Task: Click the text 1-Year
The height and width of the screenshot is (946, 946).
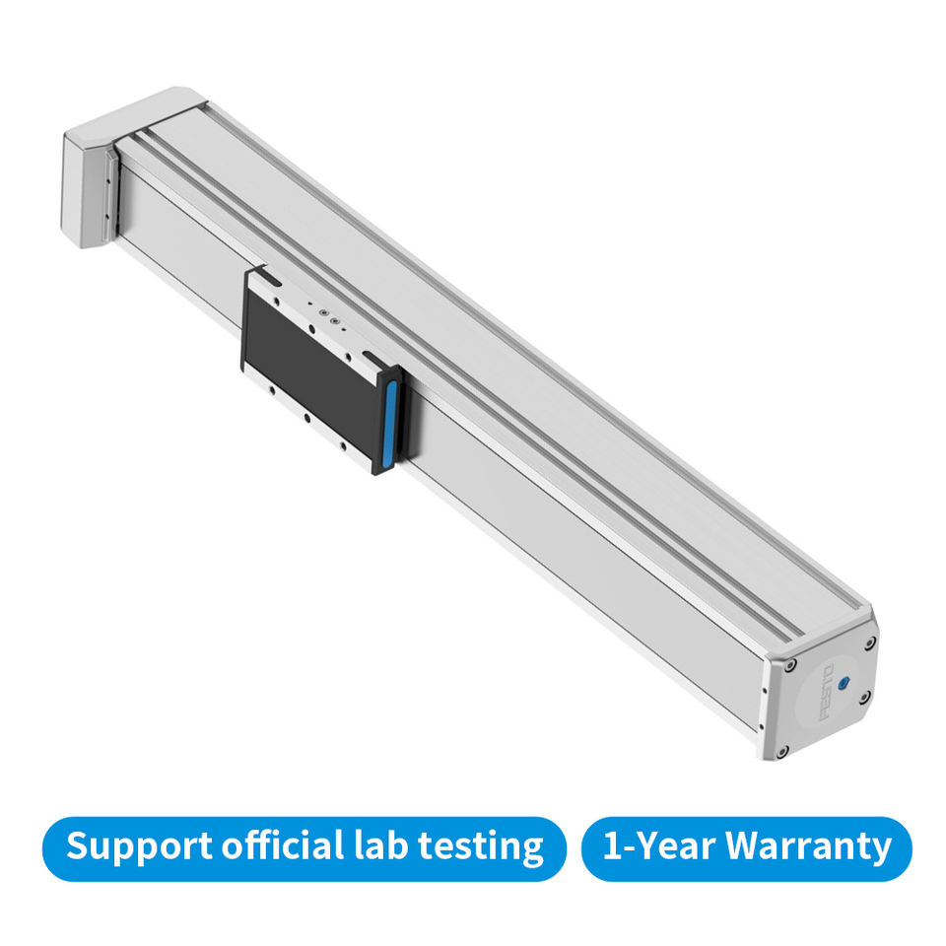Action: pyautogui.click(x=659, y=845)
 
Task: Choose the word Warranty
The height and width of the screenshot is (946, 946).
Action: pyautogui.click(x=808, y=847)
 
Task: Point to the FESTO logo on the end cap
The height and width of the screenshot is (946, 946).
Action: pyautogui.click(x=828, y=692)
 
